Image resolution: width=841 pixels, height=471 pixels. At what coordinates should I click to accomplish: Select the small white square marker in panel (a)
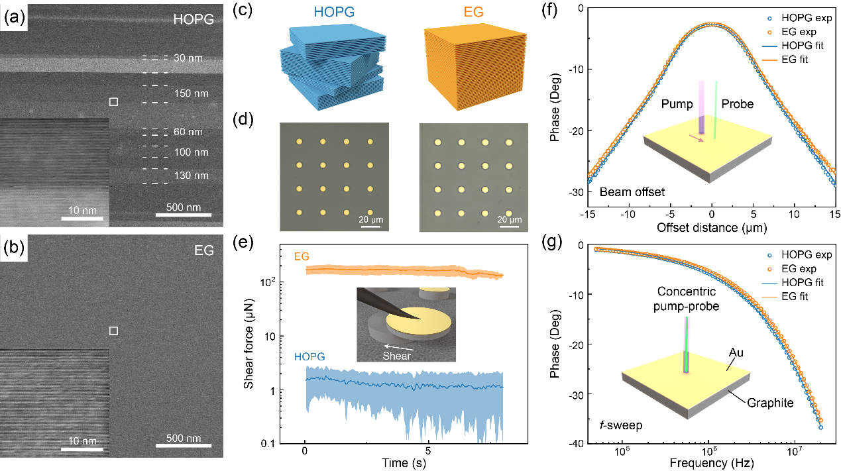pos(113,102)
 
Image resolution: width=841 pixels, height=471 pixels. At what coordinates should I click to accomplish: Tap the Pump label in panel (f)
pos(677,104)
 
